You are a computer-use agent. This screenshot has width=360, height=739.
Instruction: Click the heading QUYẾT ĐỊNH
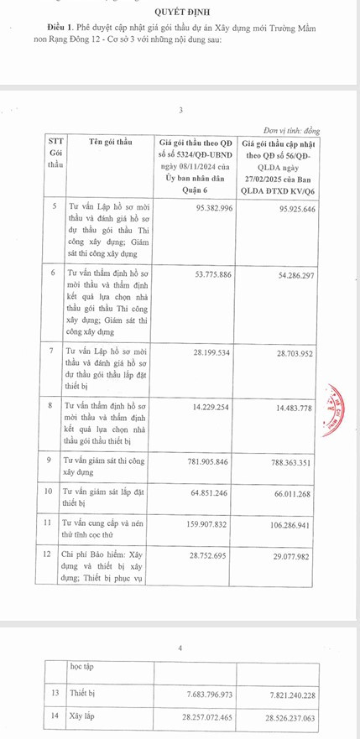(x=180, y=11)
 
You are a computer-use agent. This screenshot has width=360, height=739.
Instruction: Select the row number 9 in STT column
(x=53, y=461)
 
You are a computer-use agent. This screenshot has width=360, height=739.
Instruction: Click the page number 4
(x=180, y=648)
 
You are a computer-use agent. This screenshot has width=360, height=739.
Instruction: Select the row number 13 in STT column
(x=55, y=694)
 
